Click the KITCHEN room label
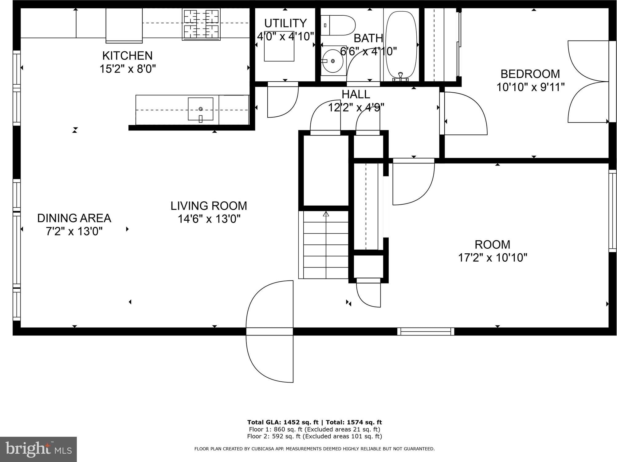tap(127, 56)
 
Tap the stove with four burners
tap(201, 25)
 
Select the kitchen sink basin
tap(200, 109)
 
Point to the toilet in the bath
tap(338, 25)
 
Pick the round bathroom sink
tap(332, 61)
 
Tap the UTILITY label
tap(285, 23)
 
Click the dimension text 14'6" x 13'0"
tap(209, 219)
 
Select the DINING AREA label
tap(74, 218)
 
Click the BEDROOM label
tap(530, 74)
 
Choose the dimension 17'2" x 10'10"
tap(493, 258)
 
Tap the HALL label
tap(356, 94)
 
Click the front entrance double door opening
tap(269, 331)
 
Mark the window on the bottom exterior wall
tap(426, 331)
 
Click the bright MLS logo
tap(38, 449)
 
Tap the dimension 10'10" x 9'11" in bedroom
tap(531, 87)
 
